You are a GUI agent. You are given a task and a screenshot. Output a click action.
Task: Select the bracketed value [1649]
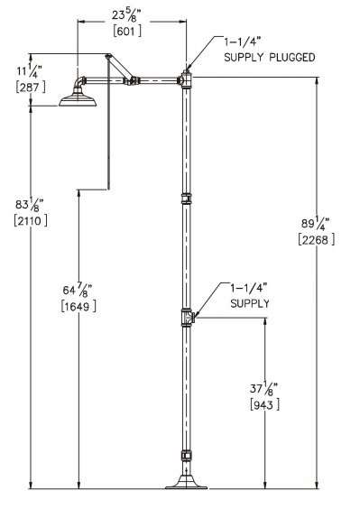pyautogui.click(x=78, y=307)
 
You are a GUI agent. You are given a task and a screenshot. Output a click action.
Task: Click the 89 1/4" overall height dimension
pyautogui.click(x=315, y=223)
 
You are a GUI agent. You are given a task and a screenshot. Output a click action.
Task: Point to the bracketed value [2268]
pyautogui.click(x=315, y=240)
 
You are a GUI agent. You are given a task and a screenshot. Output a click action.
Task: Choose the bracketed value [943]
pyautogui.click(x=264, y=405)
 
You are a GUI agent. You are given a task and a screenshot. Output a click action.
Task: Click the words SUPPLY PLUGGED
pyautogui.click(x=269, y=58)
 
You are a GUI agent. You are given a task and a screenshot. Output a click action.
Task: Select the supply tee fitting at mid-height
pyautogui.click(x=187, y=316)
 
